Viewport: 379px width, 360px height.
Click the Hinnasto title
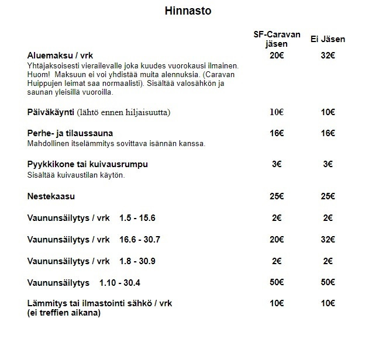tap(188, 11)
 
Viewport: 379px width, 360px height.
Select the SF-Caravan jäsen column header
tap(277, 39)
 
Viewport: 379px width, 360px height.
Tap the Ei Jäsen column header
tap(328, 39)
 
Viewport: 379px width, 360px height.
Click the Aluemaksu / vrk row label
tap(61, 55)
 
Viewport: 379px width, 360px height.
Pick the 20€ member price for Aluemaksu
tap(277, 55)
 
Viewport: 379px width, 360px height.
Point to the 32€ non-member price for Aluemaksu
tap(328, 55)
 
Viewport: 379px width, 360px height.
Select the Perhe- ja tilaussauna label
tap(70, 133)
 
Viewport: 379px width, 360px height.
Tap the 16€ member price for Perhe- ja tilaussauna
tap(277, 133)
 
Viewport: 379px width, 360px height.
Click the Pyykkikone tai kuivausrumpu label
tap(87, 164)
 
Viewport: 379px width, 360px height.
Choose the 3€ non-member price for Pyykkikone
tap(328, 164)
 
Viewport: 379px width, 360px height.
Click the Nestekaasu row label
tap(51, 196)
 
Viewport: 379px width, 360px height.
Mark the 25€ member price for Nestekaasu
tap(277, 196)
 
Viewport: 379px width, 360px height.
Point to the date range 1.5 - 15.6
tap(137, 218)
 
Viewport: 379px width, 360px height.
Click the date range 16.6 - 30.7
tap(139, 240)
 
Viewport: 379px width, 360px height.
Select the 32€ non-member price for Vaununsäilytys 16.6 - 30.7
tap(328, 240)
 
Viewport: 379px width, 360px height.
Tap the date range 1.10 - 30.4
tap(120, 283)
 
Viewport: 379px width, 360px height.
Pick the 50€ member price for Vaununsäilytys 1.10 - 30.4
tap(277, 283)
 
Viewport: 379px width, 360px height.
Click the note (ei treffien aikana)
tap(64, 313)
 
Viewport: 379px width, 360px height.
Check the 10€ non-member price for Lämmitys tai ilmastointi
tap(328, 303)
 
